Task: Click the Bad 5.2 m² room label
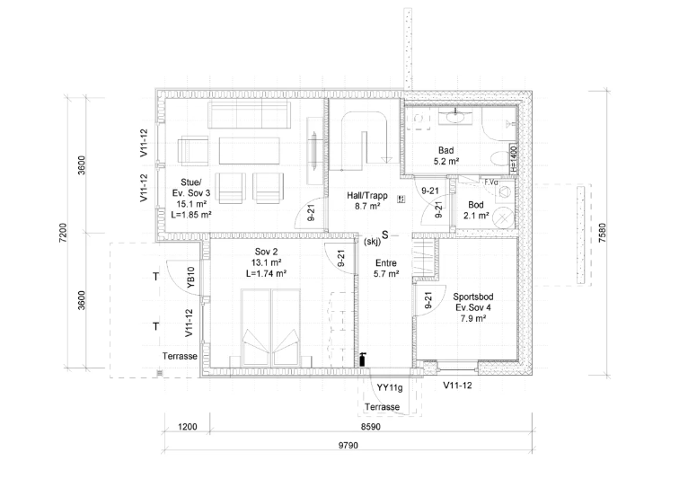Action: click(446, 155)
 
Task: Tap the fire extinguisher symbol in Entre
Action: click(363, 359)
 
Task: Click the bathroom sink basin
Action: click(455, 117)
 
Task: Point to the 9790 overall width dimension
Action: click(348, 446)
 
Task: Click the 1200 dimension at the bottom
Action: click(188, 427)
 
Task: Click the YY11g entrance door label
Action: click(390, 388)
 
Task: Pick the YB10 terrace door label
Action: click(191, 278)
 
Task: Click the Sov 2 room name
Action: click(267, 252)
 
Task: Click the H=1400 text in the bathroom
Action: click(514, 159)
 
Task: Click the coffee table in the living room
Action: click(249, 151)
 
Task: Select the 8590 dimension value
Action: click(371, 427)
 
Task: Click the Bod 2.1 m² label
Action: click(476, 210)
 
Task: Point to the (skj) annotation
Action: click(373, 241)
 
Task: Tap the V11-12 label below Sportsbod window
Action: click(458, 386)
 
